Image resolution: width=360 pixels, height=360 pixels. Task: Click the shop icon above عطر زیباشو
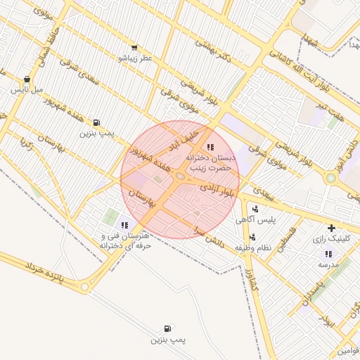[135, 48]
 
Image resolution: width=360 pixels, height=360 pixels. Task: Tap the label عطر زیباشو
[135, 58]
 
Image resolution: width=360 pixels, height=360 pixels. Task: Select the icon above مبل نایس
[27, 79]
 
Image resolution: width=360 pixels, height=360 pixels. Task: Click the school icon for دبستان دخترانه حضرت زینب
[210, 147]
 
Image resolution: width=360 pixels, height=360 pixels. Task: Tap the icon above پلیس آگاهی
[255, 209]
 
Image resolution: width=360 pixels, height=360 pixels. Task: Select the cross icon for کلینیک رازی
[331, 228]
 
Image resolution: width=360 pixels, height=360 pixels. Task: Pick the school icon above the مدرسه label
[328, 254]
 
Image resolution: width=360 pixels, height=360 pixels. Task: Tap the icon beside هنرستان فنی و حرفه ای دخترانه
[124, 225]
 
